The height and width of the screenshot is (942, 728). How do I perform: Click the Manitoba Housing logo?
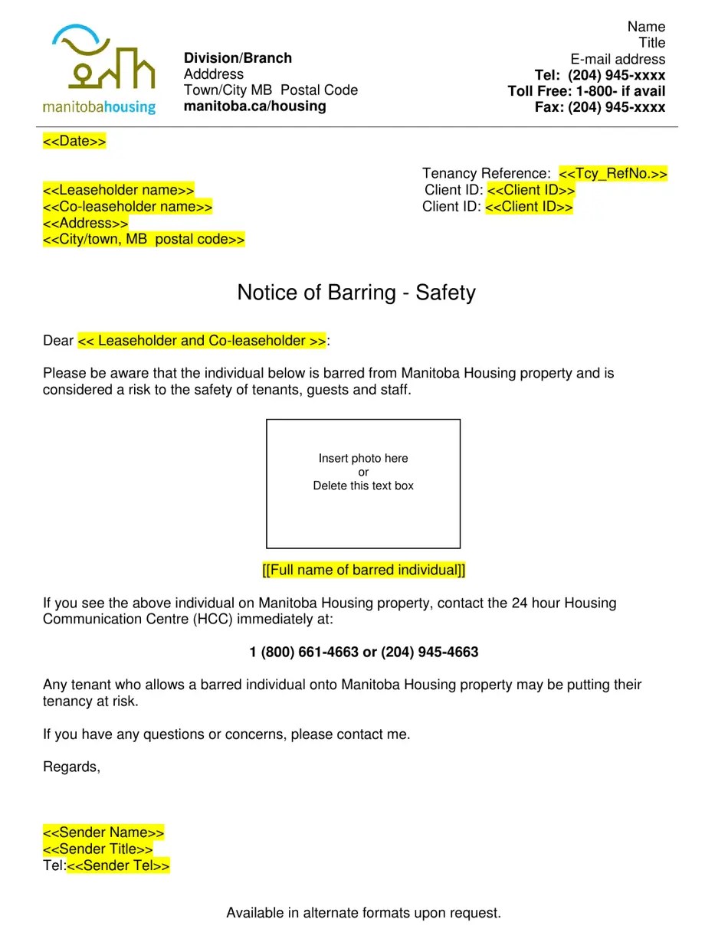[x=100, y=70]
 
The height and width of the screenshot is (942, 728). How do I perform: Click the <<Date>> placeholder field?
[x=74, y=142]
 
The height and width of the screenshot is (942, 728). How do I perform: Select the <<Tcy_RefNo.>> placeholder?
[x=613, y=174]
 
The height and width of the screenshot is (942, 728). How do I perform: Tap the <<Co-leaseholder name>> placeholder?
[x=127, y=207]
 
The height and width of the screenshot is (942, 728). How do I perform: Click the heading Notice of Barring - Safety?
[x=356, y=293]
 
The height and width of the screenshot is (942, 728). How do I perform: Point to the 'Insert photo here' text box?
[x=363, y=483]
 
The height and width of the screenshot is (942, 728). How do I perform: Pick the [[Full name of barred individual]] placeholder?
[x=363, y=571]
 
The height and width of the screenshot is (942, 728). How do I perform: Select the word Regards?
[x=71, y=767]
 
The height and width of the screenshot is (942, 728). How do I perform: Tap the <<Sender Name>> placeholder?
[x=103, y=833]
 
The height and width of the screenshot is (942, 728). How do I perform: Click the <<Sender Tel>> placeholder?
[x=119, y=866]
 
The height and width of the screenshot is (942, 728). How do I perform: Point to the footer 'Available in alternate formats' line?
[x=363, y=913]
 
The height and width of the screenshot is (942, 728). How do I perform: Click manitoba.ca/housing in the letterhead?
[x=254, y=106]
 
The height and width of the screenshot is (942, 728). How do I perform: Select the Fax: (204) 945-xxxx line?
[x=600, y=107]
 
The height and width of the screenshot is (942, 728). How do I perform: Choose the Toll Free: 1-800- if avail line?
[x=586, y=91]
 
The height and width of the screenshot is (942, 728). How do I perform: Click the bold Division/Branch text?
[x=238, y=58]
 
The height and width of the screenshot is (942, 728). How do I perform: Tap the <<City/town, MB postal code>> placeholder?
[x=144, y=240]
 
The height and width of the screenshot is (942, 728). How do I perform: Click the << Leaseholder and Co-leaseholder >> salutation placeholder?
[x=202, y=341]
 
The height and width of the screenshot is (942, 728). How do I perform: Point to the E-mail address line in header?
[x=618, y=59]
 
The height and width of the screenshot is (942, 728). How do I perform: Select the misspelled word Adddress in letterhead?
[x=214, y=74]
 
